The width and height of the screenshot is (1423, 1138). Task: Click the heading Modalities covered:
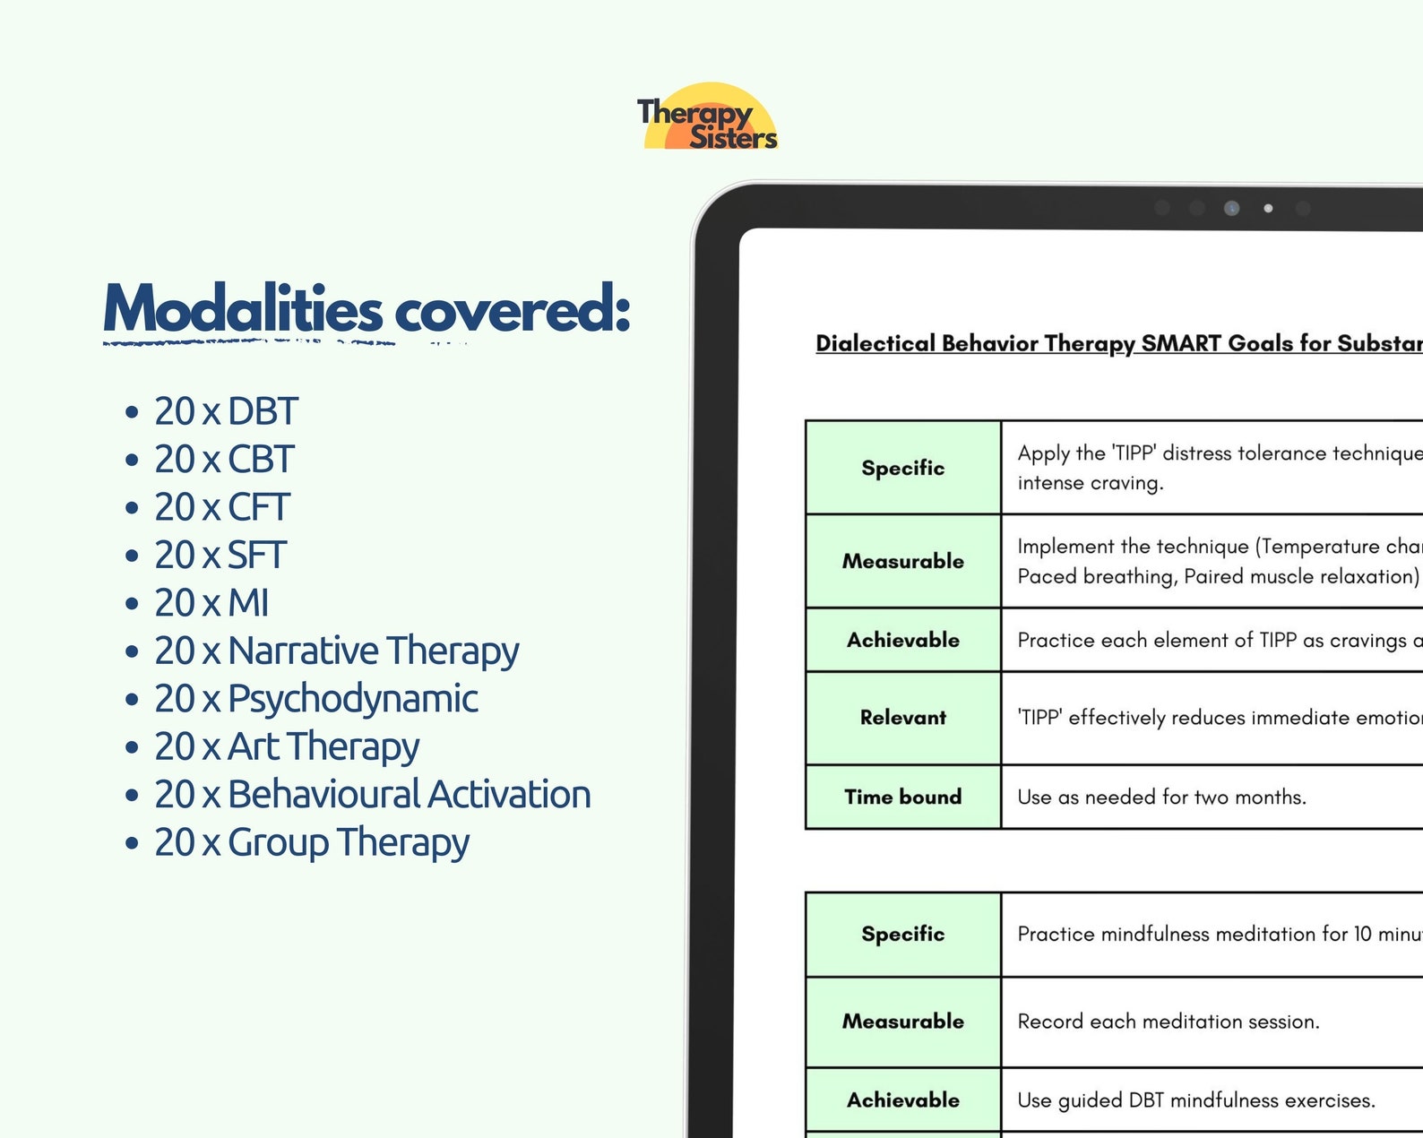[367, 309]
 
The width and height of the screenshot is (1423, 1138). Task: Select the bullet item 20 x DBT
[225, 411]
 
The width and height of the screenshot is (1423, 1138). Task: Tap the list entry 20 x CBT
[223, 460]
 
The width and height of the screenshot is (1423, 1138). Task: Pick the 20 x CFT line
[221, 507]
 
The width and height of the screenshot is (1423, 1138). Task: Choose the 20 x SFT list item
[220, 556]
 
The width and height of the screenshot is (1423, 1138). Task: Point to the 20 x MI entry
[211, 603]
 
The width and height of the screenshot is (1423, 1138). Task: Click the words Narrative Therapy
[373, 651]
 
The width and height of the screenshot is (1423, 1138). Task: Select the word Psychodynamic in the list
[352, 699]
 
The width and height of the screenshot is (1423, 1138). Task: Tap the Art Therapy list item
[323, 746]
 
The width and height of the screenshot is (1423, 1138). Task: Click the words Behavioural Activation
[409, 795]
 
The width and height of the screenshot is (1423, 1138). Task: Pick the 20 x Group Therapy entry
[311, 842]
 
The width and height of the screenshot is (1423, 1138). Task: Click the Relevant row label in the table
[902, 718]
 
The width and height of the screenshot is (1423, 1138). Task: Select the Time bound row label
[902, 797]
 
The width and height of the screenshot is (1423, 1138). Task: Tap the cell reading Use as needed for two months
[1161, 797]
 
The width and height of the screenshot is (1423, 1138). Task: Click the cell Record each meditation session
[1168, 1022]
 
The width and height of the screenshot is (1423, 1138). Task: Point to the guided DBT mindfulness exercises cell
[1195, 1100]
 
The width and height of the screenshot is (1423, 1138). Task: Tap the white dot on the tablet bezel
[1268, 208]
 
